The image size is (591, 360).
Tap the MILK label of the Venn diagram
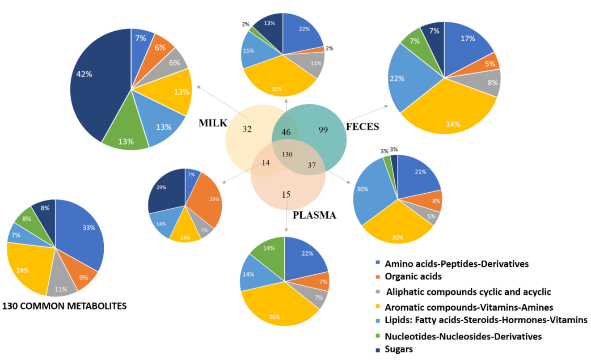pyautogui.click(x=213, y=123)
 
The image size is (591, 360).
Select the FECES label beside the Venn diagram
pyautogui.click(x=362, y=127)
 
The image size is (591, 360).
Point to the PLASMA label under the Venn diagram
pyautogui.click(x=314, y=215)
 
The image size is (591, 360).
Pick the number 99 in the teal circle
pyautogui.click(x=323, y=130)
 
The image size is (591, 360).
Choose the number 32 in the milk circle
pyautogui.click(x=247, y=130)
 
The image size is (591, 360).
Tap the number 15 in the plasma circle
pyautogui.click(x=287, y=194)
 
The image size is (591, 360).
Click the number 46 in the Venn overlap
pyautogui.click(x=286, y=132)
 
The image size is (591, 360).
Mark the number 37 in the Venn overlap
pyautogui.click(x=312, y=165)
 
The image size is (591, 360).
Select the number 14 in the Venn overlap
pyautogui.click(x=266, y=163)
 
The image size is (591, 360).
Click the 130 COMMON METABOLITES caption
pyautogui.click(x=64, y=306)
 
